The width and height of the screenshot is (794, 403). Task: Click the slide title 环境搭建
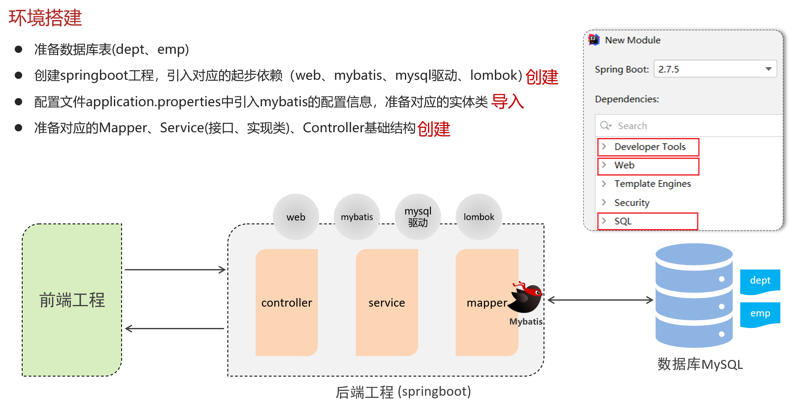45,18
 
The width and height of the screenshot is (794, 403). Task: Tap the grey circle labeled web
296,217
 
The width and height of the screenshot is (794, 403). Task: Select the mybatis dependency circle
357,217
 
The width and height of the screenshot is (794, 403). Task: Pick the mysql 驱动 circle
418,217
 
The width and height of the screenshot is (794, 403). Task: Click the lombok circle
479,217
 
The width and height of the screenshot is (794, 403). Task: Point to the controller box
287,302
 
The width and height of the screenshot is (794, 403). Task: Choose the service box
387,302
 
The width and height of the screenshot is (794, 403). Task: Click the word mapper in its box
486,303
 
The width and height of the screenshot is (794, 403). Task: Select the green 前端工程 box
72,300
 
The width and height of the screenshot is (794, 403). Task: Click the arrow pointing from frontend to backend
175,270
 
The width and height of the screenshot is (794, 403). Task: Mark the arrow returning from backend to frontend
175,328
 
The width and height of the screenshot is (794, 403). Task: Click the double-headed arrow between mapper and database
600,300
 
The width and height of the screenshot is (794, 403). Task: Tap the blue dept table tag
760,281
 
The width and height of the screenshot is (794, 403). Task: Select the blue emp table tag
760,313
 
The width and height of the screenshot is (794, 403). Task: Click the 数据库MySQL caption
700,364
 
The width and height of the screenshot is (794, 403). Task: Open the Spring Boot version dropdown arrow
768,69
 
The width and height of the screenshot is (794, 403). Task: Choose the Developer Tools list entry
649,147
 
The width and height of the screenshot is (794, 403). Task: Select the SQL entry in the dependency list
623,221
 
